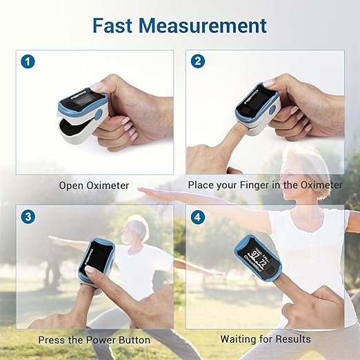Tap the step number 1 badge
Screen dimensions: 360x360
tap(28, 61)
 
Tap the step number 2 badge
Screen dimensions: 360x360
tap(198, 61)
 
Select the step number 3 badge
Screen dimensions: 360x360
tap(28, 216)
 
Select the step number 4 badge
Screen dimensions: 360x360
tap(198, 216)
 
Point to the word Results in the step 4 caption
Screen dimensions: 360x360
tap(293, 339)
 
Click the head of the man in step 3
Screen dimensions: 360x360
tap(137, 229)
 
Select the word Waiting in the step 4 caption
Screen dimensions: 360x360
tap(239, 339)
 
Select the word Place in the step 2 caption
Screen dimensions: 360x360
tap(201, 186)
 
